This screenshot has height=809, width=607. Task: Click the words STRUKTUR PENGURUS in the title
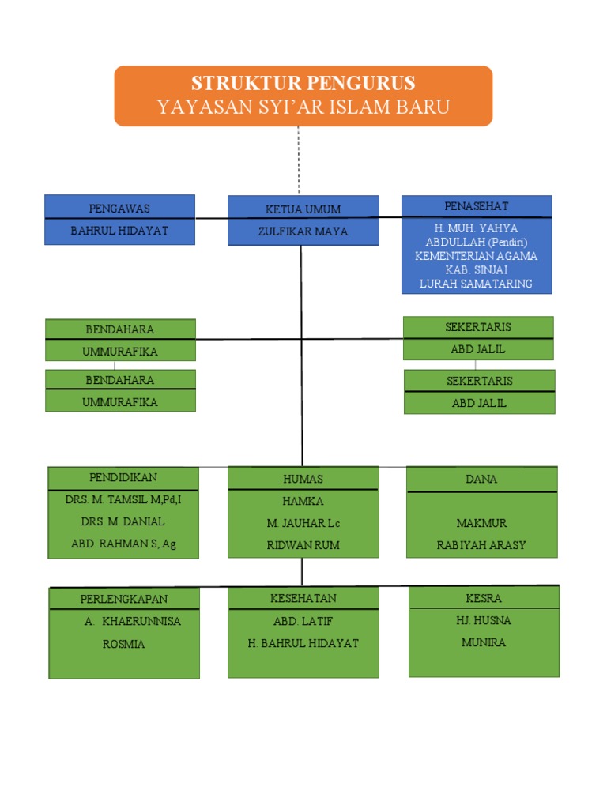pyautogui.click(x=303, y=84)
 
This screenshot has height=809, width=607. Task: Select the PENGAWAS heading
pyautogui.click(x=119, y=209)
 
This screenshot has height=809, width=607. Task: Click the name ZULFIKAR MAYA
pyautogui.click(x=303, y=231)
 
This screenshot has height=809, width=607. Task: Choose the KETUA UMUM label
pyautogui.click(x=303, y=209)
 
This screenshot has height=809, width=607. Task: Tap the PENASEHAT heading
pyautogui.click(x=476, y=206)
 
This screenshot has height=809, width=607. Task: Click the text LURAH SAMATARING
pyautogui.click(x=476, y=284)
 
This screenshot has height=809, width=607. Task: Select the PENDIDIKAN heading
pyautogui.click(x=123, y=477)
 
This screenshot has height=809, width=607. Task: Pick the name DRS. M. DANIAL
pyautogui.click(x=123, y=521)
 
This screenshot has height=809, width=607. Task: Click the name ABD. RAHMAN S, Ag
pyautogui.click(x=123, y=544)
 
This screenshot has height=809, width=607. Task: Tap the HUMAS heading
pyautogui.click(x=303, y=479)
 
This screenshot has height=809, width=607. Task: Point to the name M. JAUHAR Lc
pyautogui.click(x=303, y=523)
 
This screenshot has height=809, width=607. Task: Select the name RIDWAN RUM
pyautogui.click(x=303, y=545)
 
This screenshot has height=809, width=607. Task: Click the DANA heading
pyautogui.click(x=481, y=479)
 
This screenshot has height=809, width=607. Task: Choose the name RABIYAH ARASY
pyautogui.click(x=481, y=545)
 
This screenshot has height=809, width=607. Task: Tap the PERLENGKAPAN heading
pyautogui.click(x=124, y=599)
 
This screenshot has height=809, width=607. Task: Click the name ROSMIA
pyautogui.click(x=124, y=644)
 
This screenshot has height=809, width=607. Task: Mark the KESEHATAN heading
pyautogui.click(x=303, y=598)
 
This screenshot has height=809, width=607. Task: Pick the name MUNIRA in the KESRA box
pyautogui.click(x=484, y=642)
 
